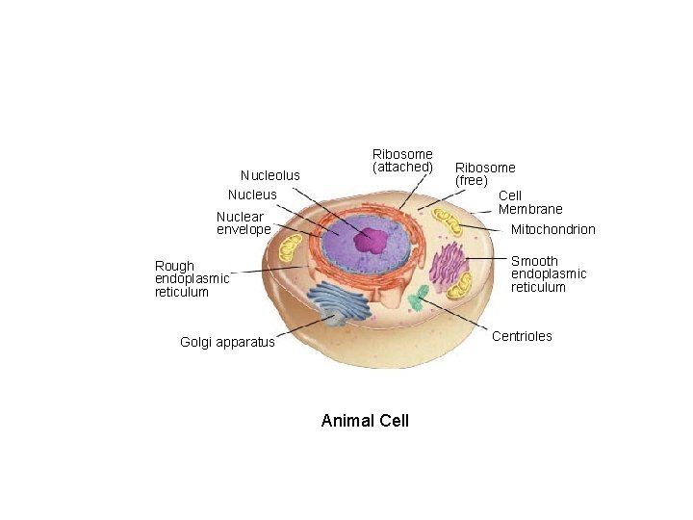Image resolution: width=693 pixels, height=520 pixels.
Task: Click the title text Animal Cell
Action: coord(365,421)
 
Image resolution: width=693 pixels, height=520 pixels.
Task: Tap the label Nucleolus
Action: coord(270,175)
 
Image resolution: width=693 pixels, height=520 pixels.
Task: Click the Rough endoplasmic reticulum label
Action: coord(192,278)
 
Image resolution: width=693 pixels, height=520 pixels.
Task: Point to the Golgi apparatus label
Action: coord(227,342)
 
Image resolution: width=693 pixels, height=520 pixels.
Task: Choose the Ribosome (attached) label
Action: coord(402,160)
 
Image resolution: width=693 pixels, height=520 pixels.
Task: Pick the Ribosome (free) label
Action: coord(485,174)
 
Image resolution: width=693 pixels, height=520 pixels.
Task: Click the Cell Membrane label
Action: coord(530,202)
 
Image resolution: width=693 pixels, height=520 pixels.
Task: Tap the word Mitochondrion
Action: coord(553,229)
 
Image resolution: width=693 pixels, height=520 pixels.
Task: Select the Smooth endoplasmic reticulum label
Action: coord(549,274)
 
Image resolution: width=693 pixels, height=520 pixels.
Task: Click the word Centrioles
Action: coord(523,336)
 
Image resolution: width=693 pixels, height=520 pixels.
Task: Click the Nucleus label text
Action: coord(252,195)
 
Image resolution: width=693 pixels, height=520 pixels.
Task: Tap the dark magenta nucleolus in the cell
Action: coord(369,241)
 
